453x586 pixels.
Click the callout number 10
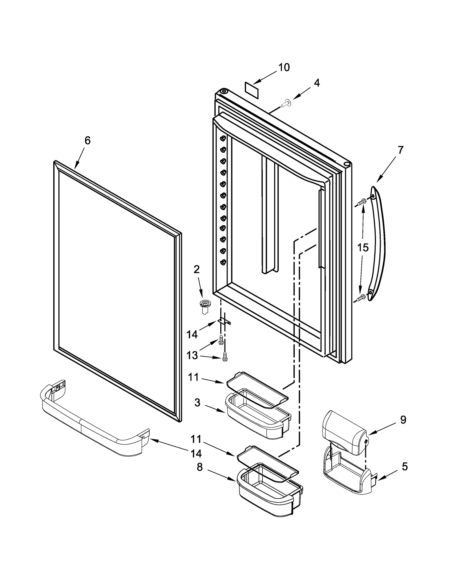tap(284, 67)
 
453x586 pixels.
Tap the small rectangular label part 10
tap(252, 90)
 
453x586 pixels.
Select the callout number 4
tap(317, 83)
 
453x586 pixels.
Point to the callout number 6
tap(87, 140)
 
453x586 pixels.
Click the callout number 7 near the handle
tap(400, 150)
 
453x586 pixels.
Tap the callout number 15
tap(363, 248)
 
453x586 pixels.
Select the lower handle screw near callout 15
tap(361, 298)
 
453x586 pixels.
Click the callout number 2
tap(196, 269)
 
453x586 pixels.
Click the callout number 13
tap(192, 355)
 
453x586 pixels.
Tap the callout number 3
tap(197, 403)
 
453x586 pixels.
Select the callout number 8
tap(200, 467)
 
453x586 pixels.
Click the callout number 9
tap(403, 420)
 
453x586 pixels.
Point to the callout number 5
tap(405, 466)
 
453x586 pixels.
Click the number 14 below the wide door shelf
tap(196, 454)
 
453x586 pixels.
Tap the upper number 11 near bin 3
tap(193, 377)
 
